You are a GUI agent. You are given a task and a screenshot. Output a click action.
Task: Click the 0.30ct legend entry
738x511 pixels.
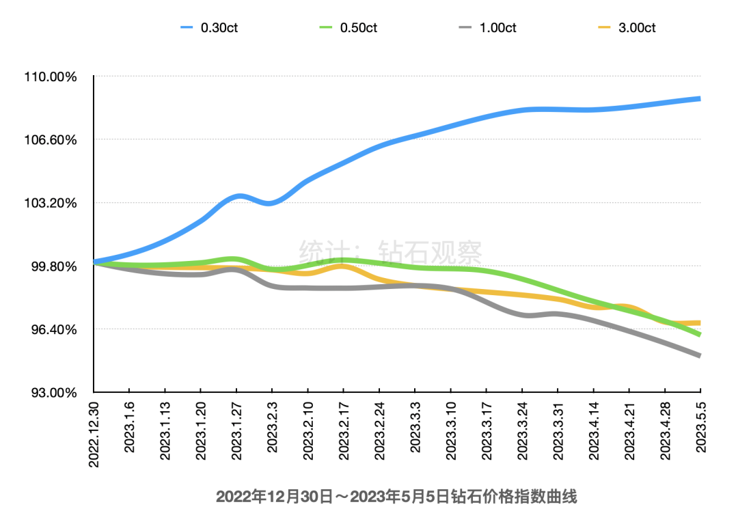pyautogui.click(x=209, y=27)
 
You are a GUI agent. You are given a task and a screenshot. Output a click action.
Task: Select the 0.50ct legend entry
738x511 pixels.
pyautogui.click(x=348, y=27)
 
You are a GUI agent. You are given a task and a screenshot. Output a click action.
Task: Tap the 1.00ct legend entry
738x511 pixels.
pyautogui.click(x=489, y=27)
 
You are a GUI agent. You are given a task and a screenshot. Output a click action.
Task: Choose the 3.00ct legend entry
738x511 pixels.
pyautogui.click(x=627, y=27)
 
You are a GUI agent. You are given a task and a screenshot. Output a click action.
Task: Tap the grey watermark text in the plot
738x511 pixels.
pyautogui.click(x=391, y=252)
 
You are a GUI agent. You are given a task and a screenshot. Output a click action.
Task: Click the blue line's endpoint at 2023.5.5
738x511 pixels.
pyautogui.click(x=700, y=99)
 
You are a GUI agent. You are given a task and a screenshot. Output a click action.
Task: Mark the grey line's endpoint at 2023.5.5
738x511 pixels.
pyautogui.click(x=700, y=356)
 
